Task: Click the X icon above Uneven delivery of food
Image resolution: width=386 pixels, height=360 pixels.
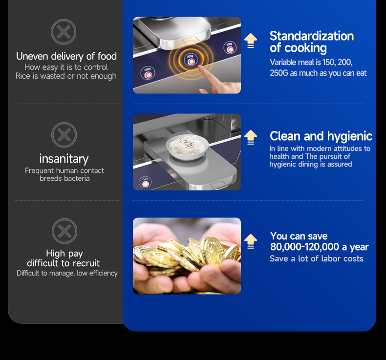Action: (64, 32)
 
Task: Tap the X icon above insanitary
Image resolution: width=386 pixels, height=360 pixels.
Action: (64, 135)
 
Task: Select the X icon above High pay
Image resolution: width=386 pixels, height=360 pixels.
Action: (64, 231)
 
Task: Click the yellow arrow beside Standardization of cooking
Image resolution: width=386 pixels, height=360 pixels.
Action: (251, 41)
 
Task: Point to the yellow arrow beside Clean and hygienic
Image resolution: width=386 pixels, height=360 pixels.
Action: (251, 137)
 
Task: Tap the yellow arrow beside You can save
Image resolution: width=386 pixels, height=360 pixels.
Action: (251, 241)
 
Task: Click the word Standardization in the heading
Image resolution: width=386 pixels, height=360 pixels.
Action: (312, 36)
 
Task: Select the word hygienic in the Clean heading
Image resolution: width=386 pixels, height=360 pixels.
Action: (349, 136)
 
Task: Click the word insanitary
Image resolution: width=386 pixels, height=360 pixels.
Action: (64, 159)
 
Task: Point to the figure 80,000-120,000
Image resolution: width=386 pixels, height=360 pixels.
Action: (304, 247)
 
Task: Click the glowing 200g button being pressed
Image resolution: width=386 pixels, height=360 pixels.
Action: (191, 60)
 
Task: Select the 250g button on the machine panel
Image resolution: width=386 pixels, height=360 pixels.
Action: (230, 48)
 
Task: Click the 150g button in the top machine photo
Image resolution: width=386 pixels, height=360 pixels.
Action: (148, 73)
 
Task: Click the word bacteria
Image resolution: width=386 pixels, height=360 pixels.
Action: (77, 178)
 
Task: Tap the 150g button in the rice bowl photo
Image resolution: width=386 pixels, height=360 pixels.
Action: (145, 182)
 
